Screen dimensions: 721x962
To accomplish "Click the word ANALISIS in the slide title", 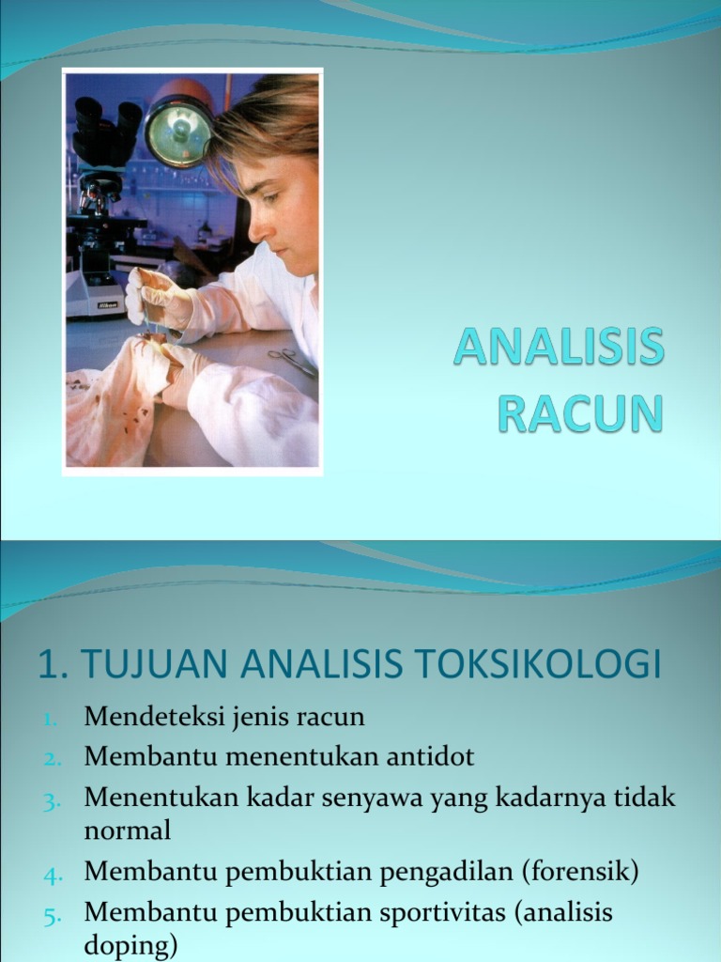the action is click(559, 346).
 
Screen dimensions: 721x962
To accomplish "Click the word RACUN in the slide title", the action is click(580, 414).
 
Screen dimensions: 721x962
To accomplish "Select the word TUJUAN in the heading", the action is click(155, 663).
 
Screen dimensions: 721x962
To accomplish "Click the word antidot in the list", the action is click(430, 756).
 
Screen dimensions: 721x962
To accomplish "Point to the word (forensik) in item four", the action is click(580, 871).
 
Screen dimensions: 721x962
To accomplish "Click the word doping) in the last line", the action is click(130, 946).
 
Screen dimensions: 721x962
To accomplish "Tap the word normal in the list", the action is click(127, 830).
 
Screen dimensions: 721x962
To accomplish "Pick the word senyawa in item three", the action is click(372, 799).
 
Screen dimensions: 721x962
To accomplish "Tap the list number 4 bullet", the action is click(53, 875).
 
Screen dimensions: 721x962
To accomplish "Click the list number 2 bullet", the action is click(53, 759).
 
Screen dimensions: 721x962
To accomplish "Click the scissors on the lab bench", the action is click(293, 362).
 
